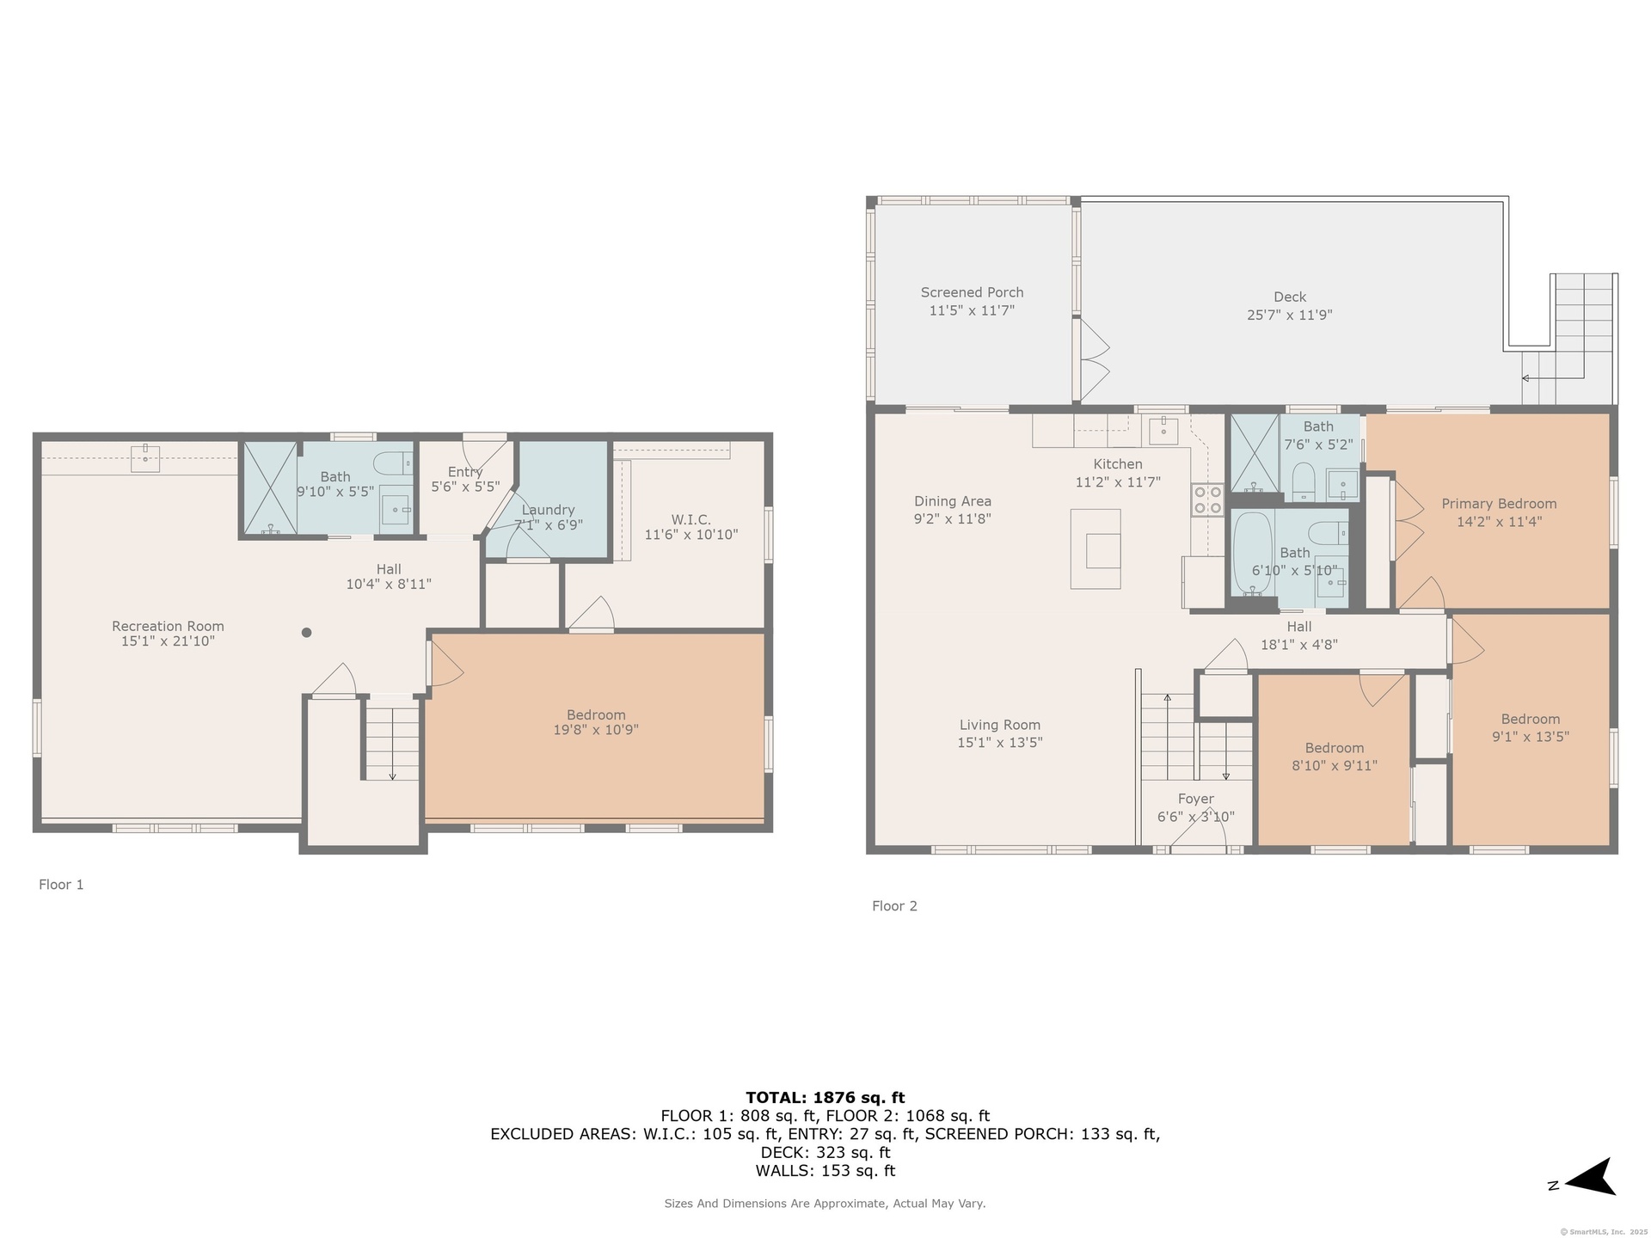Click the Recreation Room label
168,626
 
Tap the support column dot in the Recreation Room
306,633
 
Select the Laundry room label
548,510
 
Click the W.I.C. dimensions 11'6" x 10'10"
691,535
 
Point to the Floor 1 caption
61,885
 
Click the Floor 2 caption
894,906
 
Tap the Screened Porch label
972,292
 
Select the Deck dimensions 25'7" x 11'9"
1290,315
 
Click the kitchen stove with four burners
1206,499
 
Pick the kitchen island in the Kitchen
1096,549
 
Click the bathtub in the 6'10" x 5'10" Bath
1253,555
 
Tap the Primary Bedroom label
1499,504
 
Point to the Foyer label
1196,800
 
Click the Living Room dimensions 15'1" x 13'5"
1000,743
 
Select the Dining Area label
953,501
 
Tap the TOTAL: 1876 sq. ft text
825,1098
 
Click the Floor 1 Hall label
389,569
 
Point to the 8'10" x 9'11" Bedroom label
1335,748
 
